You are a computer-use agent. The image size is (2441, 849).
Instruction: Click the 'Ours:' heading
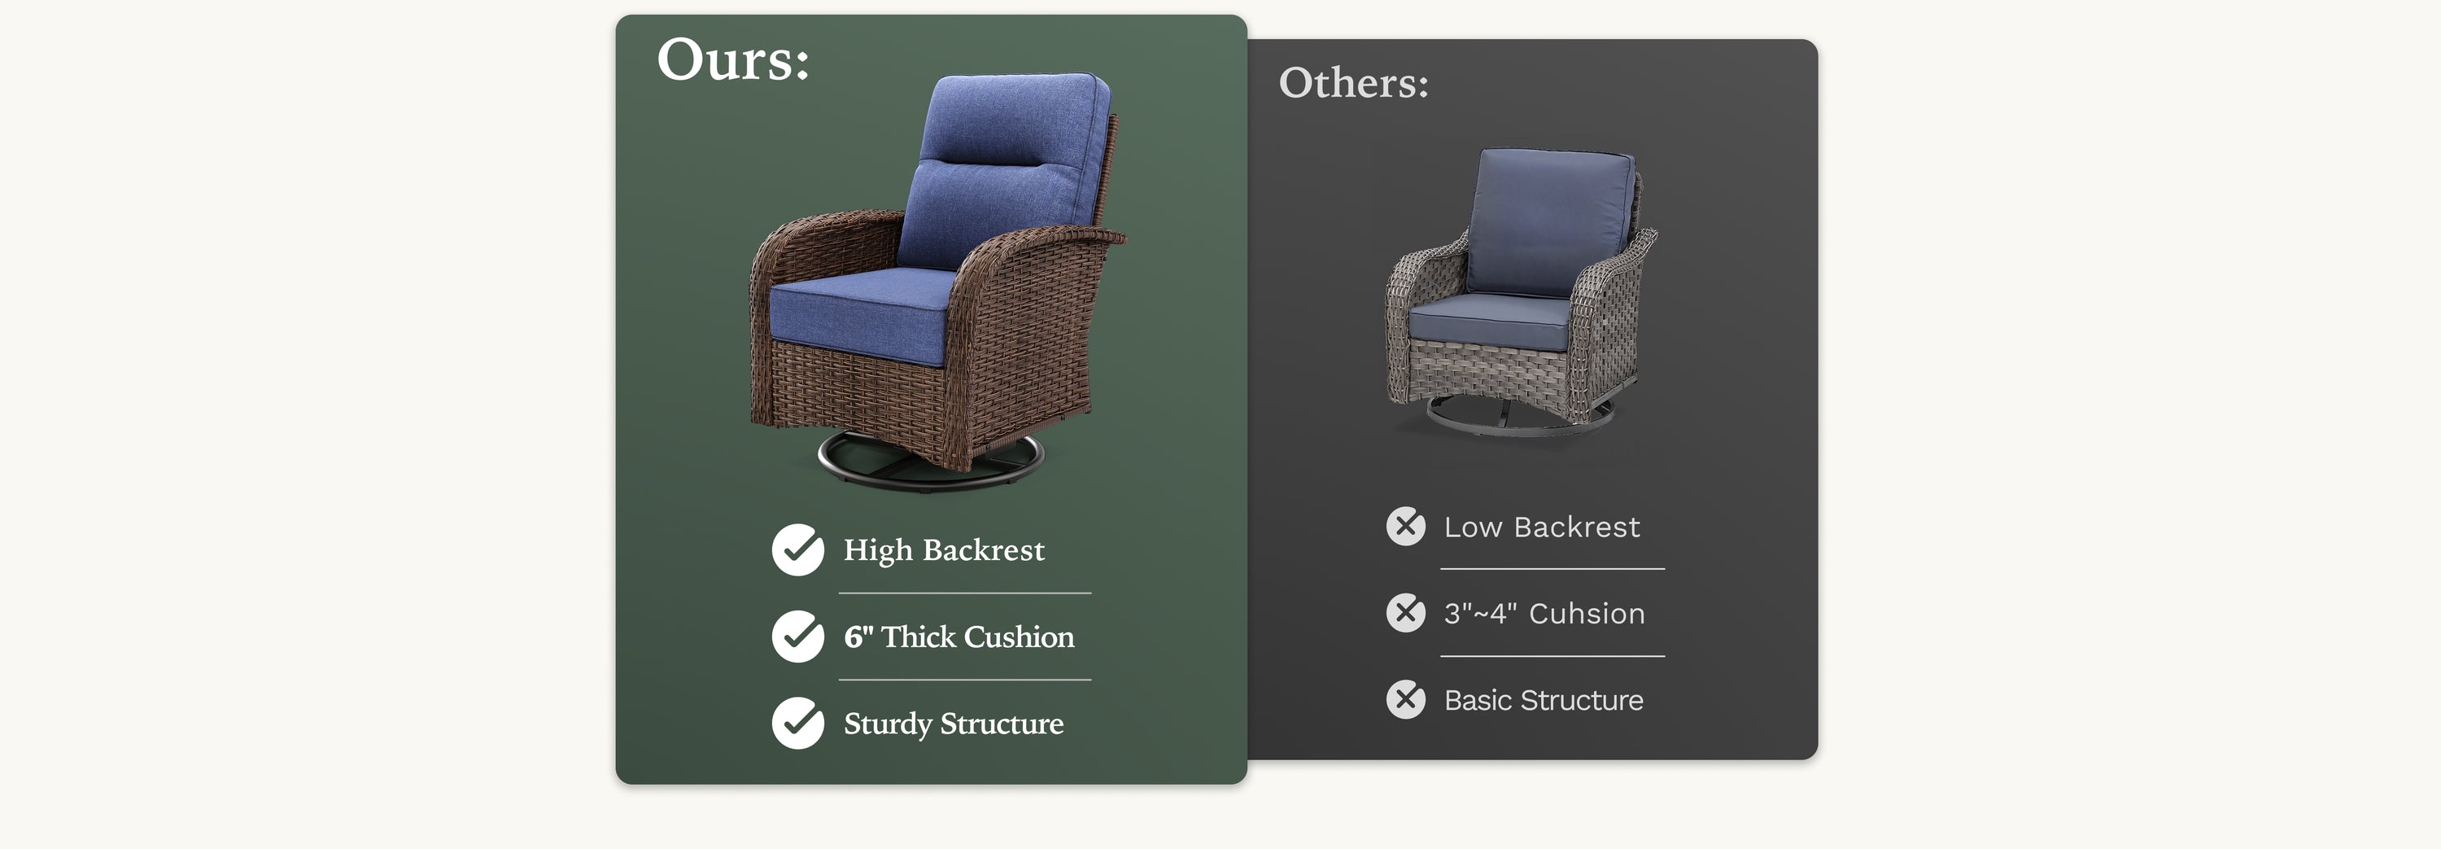click(732, 59)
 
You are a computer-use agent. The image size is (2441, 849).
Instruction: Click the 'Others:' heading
click(1353, 82)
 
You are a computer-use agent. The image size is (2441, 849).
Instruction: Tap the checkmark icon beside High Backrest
click(798, 549)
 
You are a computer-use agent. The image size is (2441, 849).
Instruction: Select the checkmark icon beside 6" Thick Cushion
click(798, 637)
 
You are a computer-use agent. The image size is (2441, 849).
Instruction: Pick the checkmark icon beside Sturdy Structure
click(798, 723)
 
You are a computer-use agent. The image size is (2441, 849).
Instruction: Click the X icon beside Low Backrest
click(1405, 526)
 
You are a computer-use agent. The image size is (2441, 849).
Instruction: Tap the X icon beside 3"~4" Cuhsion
click(1405, 613)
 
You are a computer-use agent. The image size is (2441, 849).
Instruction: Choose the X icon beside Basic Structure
click(1405, 700)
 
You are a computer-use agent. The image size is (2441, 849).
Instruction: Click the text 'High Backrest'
click(944, 550)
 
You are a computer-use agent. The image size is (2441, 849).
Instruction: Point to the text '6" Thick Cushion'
click(959, 637)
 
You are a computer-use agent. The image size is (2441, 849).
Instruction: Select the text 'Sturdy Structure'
click(954, 724)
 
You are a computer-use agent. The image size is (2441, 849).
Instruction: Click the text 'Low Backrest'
click(1542, 527)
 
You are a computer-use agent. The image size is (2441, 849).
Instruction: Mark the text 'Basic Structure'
click(1544, 700)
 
